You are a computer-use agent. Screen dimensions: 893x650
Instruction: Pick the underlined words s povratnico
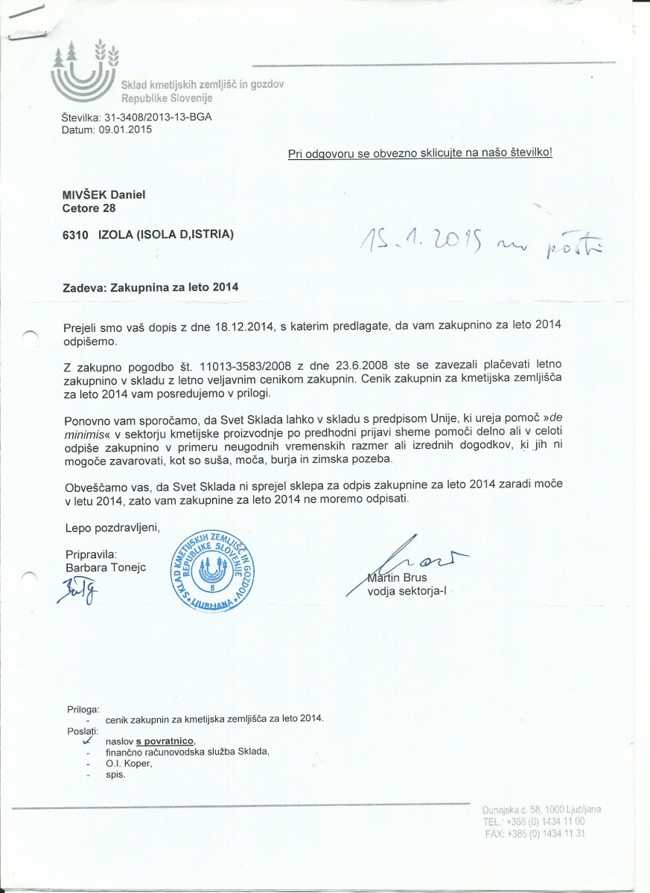tap(165, 741)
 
